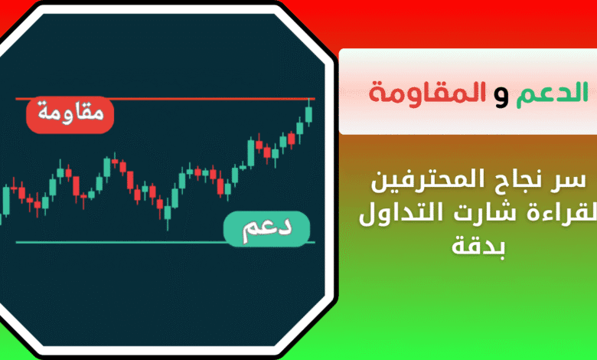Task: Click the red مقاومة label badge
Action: coord(70,115)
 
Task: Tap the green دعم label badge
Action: coord(266,229)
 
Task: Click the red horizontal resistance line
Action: coord(165,99)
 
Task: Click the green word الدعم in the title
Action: coord(552,92)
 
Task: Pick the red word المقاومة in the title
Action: coord(428,93)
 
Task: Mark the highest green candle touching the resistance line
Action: coord(308,113)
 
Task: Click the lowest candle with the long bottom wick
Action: coord(167,213)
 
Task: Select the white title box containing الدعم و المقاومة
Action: coord(468,92)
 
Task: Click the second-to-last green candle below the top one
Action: coord(300,129)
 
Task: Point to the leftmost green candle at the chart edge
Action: coord(6,200)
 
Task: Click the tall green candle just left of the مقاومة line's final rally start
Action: coord(251,152)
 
